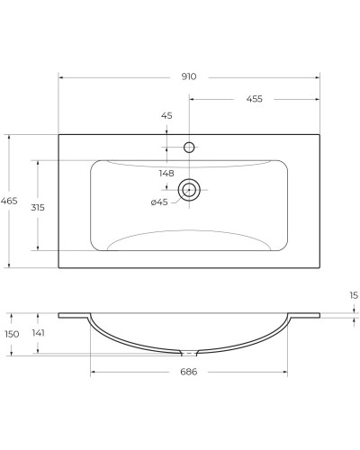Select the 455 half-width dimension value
[254, 99]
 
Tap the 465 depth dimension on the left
[9, 202]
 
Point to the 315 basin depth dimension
[38, 207]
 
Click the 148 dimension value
[166, 173]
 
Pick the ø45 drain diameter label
[159, 202]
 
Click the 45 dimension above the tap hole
[166, 115]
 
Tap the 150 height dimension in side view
[11, 334]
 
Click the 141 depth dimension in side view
[38, 334]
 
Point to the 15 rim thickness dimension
[353, 295]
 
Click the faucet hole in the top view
[189, 147]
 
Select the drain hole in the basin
[189, 189]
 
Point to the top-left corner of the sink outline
[59, 135]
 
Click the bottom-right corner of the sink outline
[319, 267]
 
